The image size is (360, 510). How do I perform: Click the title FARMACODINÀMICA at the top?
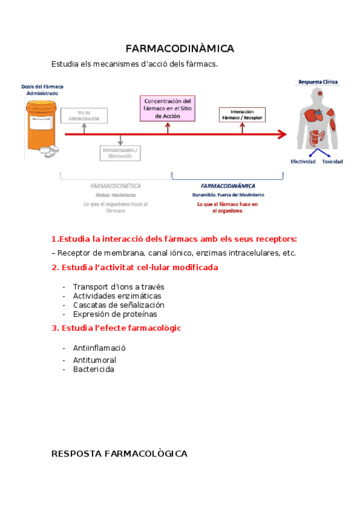point(180,49)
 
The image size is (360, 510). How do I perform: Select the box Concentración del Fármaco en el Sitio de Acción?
point(168,109)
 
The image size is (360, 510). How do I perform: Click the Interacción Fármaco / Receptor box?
point(242,114)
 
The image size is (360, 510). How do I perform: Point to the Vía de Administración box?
point(84,115)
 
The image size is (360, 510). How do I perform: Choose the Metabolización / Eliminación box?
point(120,153)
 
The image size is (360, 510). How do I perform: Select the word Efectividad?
point(303,162)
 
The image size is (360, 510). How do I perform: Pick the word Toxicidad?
point(332,162)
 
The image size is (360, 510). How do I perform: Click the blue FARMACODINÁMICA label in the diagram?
point(228,186)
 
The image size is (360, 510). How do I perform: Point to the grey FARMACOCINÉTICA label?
point(115,186)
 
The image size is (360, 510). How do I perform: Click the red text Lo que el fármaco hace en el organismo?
point(227,207)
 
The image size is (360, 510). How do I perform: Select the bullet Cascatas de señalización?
point(118,305)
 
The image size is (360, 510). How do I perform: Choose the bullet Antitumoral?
point(94,360)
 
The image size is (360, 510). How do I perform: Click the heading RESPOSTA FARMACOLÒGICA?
point(120,453)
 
